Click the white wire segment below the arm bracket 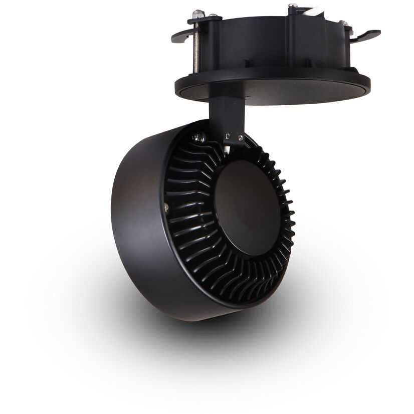point(228,146)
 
